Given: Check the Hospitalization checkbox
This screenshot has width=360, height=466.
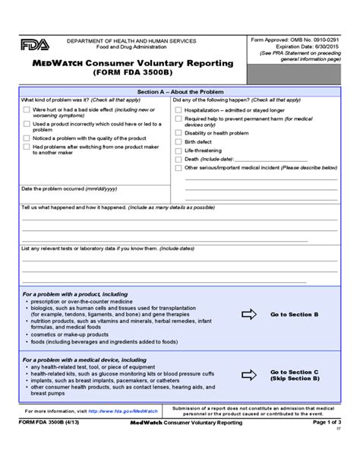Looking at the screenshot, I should point(178,109).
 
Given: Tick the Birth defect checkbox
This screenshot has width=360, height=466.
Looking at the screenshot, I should point(178,141).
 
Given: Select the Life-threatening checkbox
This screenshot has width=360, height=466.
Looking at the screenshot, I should point(178,151).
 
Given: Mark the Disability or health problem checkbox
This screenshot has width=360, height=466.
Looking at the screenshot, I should point(178,132).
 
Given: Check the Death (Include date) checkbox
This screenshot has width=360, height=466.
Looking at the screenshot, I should point(178,159).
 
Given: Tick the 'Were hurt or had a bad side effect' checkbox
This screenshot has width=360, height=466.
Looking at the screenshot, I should point(27,109).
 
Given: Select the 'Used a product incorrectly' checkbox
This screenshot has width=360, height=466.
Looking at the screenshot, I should point(27,123).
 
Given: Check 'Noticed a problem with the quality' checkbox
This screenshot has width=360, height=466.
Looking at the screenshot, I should point(27,138).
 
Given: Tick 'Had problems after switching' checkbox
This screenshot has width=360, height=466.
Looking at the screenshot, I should point(27,147).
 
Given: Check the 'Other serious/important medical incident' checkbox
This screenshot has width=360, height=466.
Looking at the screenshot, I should point(178,168).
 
